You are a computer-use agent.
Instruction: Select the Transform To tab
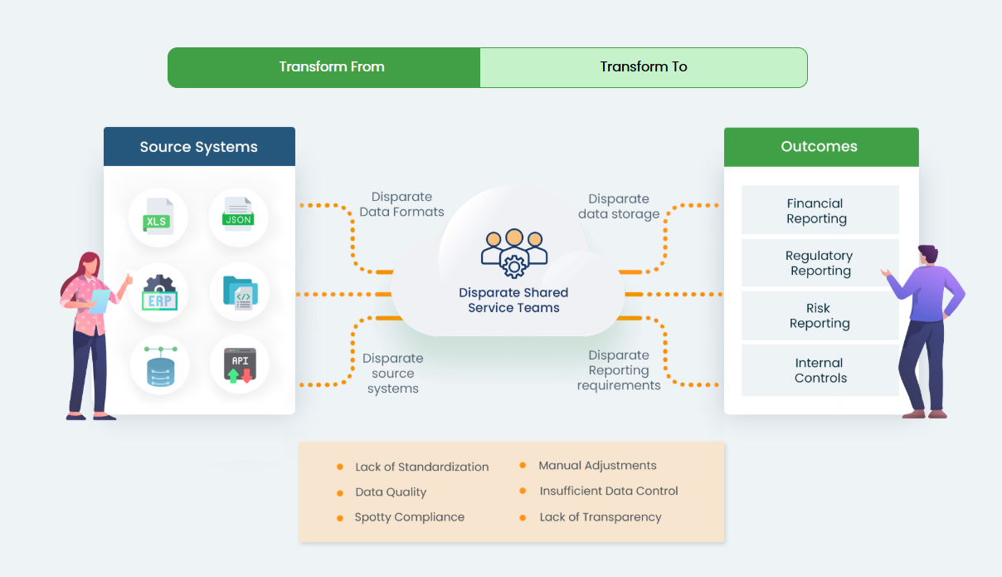click(x=644, y=67)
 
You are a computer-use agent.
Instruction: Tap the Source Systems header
click(x=199, y=146)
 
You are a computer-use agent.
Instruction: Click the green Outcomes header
click(x=821, y=147)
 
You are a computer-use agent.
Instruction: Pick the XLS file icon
click(x=158, y=216)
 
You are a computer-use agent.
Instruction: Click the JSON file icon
click(x=238, y=214)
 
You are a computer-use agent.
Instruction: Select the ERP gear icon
click(x=159, y=292)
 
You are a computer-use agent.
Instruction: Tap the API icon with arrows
click(x=241, y=364)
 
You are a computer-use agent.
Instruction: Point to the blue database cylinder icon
click(x=161, y=366)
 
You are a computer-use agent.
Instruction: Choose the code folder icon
click(x=241, y=293)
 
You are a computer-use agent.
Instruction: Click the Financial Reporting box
click(x=820, y=210)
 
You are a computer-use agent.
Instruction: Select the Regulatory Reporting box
click(x=820, y=262)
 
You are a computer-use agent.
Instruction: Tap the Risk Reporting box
click(x=820, y=315)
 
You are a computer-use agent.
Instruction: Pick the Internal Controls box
click(x=820, y=370)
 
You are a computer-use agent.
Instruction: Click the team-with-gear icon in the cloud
click(x=514, y=253)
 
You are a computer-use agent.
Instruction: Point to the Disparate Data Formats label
click(x=401, y=204)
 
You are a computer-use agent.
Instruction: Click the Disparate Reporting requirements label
click(x=619, y=370)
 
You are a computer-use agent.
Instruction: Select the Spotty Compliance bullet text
click(x=410, y=517)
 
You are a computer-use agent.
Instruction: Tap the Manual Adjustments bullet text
click(x=597, y=466)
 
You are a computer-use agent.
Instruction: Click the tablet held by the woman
click(x=100, y=301)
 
